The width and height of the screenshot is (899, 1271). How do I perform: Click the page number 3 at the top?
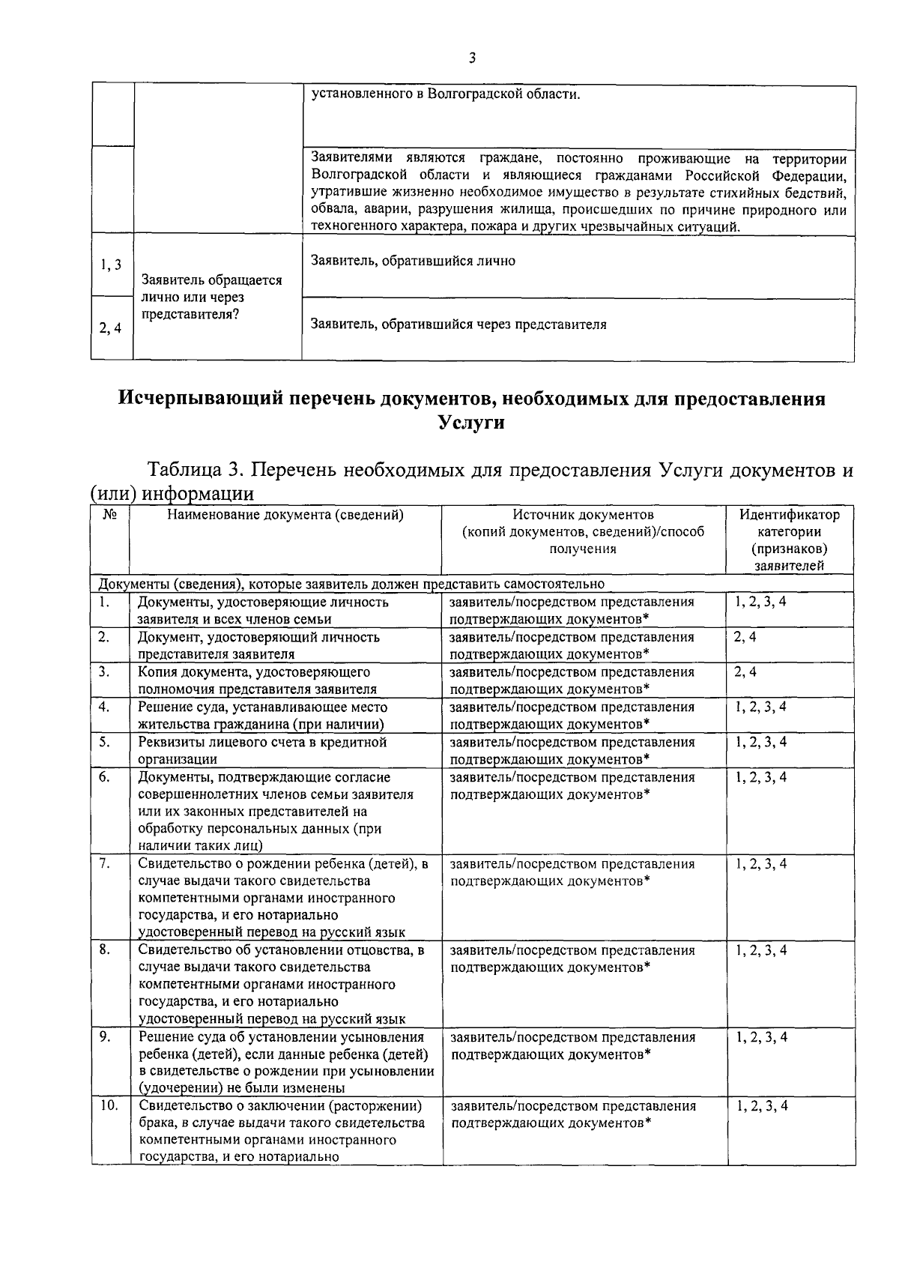click(472, 58)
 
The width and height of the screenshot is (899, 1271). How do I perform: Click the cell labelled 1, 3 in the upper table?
click(111, 265)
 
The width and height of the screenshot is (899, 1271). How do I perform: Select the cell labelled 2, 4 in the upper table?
click(111, 327)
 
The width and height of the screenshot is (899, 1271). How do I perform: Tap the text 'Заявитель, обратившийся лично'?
click(412, 261)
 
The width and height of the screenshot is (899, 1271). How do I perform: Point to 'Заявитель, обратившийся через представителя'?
click(458, 324)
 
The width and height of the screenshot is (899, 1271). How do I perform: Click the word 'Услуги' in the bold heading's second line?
click(471, 423)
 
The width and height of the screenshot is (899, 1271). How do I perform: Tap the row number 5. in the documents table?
click(104, 743)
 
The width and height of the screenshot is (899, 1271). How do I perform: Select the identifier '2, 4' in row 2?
click(745, 638)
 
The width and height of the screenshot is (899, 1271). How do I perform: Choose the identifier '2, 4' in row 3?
click(745, 672)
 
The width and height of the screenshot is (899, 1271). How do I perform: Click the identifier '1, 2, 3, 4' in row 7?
click(761, 864)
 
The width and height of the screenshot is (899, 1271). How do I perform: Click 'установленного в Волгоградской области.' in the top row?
click(446, 95)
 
